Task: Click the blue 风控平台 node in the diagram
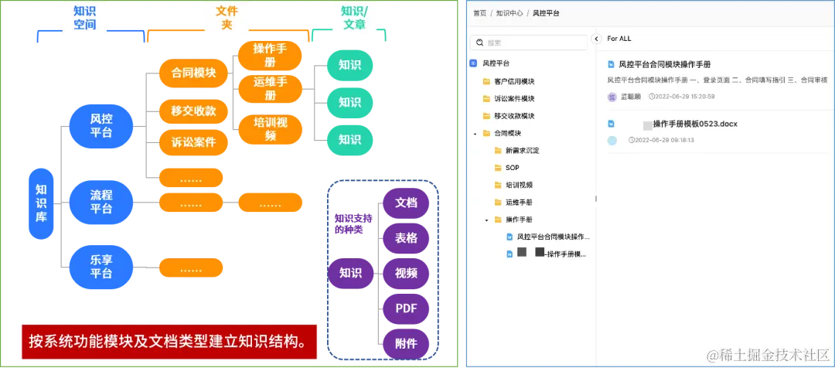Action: click(101, 124)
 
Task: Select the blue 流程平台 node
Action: click(101, 202)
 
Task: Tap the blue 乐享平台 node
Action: click(101, 266)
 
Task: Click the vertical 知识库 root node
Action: click(41, 203)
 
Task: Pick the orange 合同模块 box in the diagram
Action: click(193, 73)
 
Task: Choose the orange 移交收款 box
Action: click(193, 111)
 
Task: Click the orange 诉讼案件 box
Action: click(193, 143)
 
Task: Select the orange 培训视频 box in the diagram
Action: click(271, 129)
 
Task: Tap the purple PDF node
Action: click(407, 308)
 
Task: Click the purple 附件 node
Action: click(407, 343)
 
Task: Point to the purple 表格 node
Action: click(407, 238)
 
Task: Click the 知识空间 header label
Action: click(85, 18)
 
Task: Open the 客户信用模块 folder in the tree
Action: click(514, 81)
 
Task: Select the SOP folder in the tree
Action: click(512, 168)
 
